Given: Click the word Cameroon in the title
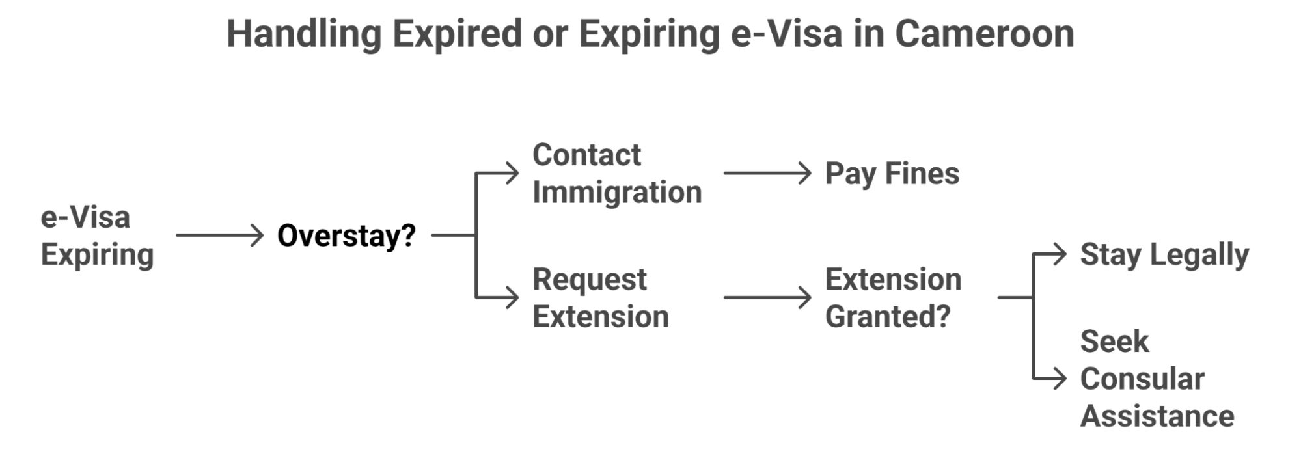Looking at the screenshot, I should [x=984, y=34].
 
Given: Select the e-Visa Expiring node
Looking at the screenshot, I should [x=97, y=236].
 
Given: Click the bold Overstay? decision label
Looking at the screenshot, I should [x=346, y=236].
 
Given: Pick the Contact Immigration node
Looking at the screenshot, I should [x=616, y=174].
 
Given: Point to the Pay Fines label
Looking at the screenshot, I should [x=892, y=174].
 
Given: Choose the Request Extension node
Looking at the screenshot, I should [x=600, y=298].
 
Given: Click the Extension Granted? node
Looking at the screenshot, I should [x=893, y=298].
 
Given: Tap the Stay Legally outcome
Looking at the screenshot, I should [x=1164, y=254].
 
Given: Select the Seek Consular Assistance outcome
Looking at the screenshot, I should [x=1157, y=379].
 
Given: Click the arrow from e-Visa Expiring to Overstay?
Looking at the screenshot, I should [x=219, y=235].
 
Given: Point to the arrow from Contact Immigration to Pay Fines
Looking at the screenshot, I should [x=767, y=174].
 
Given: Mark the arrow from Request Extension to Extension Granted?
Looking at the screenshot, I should [x=767, y=298].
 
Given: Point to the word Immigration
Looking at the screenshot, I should [x=617, y=193].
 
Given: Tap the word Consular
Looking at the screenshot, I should [x=1142, y=379].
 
